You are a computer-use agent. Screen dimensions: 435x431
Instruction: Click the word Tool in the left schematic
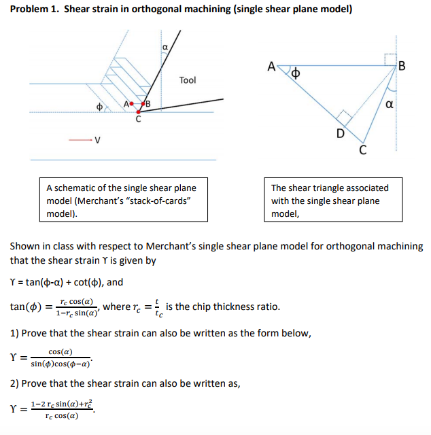[188, 80]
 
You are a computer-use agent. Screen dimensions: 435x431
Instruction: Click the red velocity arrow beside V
[81, 141]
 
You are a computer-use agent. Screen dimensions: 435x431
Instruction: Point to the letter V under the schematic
[97, 141]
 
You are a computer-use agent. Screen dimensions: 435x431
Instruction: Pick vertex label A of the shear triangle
[271, 67]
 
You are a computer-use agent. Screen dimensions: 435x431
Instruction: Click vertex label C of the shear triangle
[362, 150]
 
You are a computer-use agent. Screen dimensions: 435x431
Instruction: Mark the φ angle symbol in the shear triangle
[296, 71]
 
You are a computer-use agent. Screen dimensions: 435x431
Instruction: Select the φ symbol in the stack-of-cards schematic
[99, 107]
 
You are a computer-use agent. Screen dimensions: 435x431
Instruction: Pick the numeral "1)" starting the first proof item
[14, 333]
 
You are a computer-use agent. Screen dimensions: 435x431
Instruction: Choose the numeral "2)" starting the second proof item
[14, 383]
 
